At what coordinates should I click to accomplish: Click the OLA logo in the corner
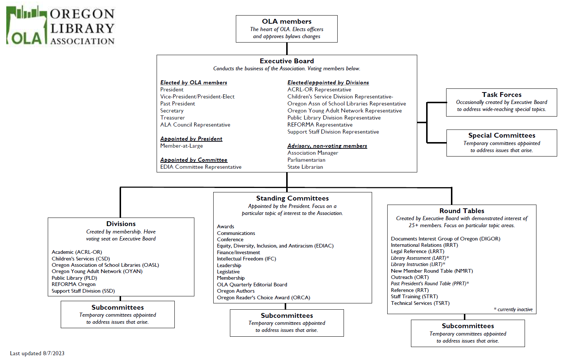(60, 26)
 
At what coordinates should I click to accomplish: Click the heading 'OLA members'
(287, 21)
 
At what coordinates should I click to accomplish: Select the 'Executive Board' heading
(287, 61)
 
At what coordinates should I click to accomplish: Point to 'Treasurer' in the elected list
(173, 118)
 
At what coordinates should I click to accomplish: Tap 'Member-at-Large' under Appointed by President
(181, 146)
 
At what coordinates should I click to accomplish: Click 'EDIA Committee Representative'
(201, 167)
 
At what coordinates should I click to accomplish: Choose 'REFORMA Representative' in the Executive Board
(320, 125)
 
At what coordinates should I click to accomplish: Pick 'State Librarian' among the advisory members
(305, 167)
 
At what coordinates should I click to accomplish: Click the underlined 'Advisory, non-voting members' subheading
(327, 146)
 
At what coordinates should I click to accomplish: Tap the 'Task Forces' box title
(502, 94)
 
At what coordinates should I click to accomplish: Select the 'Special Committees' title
(502, 135)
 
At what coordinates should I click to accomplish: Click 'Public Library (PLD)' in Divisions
(74, 278)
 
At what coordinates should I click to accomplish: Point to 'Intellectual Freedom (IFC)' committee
(246, 259)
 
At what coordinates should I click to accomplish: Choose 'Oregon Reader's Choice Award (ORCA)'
(264, 297)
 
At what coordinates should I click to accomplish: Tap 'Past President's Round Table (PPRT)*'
(430, 283)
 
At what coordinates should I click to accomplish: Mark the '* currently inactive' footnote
(513, 309)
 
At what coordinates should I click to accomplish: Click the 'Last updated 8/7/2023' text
(37, 353)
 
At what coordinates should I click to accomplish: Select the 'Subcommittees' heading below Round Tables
(468, 326)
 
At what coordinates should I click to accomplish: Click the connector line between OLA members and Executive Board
(287, 48)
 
